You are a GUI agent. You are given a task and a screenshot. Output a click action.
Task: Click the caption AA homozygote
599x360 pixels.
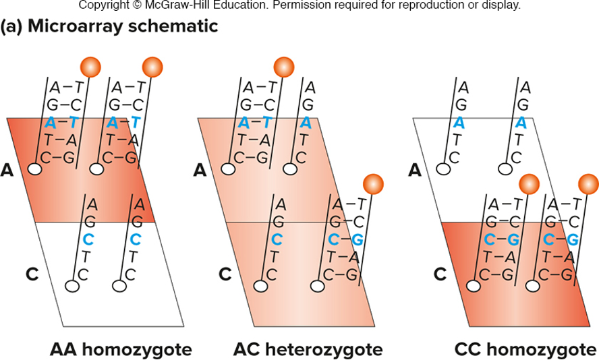point(121,350)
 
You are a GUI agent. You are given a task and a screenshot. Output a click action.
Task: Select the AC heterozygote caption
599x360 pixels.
point(308,350)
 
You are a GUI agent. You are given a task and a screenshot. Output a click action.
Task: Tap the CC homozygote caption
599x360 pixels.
point(526,350)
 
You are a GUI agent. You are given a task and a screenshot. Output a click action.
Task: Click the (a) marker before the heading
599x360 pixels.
point(12,26)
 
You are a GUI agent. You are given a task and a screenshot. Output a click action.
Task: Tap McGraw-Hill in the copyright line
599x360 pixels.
point(186,5)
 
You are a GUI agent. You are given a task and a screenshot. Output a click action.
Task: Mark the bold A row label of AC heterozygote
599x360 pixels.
point(200,170)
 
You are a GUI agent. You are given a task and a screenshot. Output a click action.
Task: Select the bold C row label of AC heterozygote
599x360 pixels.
point(225,274)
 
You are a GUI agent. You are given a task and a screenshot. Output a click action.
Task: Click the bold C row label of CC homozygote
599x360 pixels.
point(439,274)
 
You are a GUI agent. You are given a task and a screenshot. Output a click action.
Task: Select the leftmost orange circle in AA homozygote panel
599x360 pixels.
point(90,67)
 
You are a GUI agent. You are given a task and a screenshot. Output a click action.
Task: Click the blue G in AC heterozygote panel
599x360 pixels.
point(357,239)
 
